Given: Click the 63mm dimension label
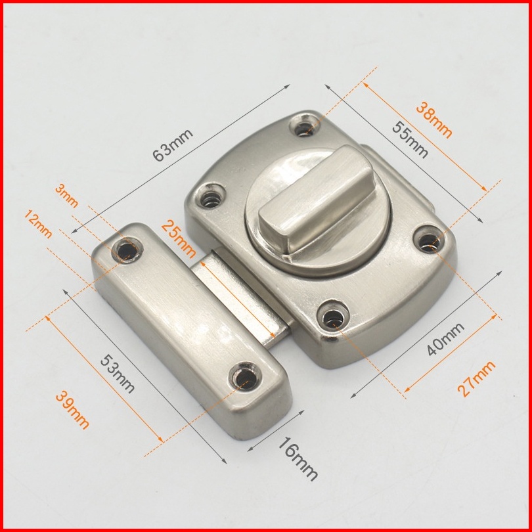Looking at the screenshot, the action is point(173,145).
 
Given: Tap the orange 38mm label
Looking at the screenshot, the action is point(434,120).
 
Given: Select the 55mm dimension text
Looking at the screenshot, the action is point(410,139).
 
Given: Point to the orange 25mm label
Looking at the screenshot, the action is point(179,239).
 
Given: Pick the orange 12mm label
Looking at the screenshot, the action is point(38,224).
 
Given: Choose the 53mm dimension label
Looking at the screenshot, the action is point(118,374).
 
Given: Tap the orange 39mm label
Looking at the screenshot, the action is point(73,410).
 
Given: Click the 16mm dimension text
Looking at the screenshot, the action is point(298,458).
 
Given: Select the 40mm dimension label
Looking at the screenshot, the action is point(445,339).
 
